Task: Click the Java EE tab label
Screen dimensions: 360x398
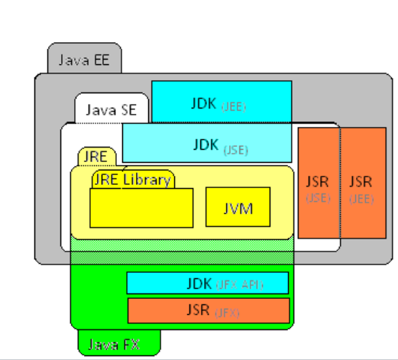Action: [83, 60]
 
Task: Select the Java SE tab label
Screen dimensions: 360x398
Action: [112, 109]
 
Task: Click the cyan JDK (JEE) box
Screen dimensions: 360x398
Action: [222, 100]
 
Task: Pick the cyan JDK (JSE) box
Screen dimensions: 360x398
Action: [207, 143]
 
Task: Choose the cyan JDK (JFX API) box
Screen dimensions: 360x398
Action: [207, 283]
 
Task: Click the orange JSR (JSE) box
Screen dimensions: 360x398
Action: [318, 183]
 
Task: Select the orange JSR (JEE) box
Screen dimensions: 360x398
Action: [363, 183]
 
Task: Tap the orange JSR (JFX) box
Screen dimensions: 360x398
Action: [208, 310]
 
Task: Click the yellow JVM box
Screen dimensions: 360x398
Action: [238, 206]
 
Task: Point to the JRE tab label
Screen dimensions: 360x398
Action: [97, 157]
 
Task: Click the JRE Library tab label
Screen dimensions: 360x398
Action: [132, 180]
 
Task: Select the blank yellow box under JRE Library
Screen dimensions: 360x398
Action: [141, 208]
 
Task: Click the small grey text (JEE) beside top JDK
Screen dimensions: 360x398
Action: [234, 106]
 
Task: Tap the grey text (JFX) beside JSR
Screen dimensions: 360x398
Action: [227, 313]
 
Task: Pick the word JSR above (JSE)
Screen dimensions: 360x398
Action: [318, 182]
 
